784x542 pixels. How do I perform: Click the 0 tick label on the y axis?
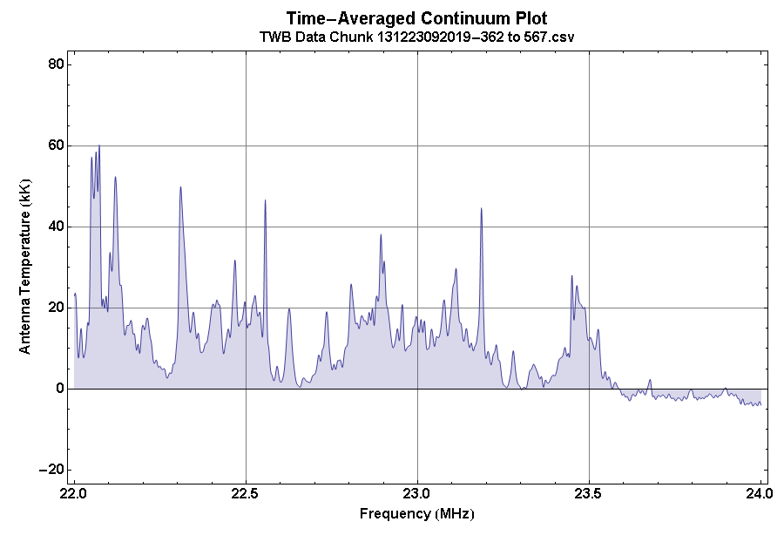[x=60, y=389]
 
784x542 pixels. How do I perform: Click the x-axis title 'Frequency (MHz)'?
[x=416, y=514]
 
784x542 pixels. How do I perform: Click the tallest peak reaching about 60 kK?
[x=99, y=146]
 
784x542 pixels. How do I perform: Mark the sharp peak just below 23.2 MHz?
[x=481, y=209]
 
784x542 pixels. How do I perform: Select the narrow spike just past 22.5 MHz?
[x=265, y=201]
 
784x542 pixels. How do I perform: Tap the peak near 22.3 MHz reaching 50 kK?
[x=180, y=187]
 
